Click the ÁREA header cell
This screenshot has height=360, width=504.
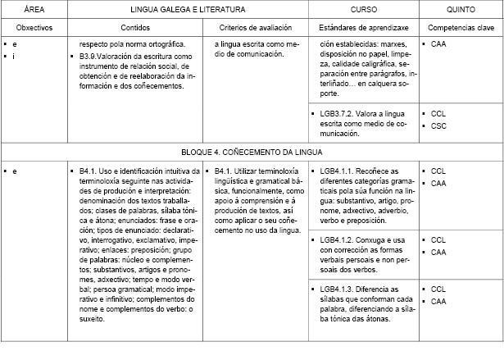(x=34, y=9)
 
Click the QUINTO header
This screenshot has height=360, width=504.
(x=461, y=9)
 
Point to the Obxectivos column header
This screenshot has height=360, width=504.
(x=34, y=26)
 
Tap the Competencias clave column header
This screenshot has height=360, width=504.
(x=461, y=26)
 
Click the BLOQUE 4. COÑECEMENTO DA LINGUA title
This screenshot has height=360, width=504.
(x=252, y=152)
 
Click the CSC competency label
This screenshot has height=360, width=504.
(x=438, y=125)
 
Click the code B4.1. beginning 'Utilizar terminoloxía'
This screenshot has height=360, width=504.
(x=225, y=171)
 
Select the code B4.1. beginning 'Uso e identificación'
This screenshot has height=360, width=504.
(x=89, y=171)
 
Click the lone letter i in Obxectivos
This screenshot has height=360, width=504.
(x=16, y=55)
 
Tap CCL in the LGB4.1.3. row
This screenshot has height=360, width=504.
(x=438, y=289)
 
